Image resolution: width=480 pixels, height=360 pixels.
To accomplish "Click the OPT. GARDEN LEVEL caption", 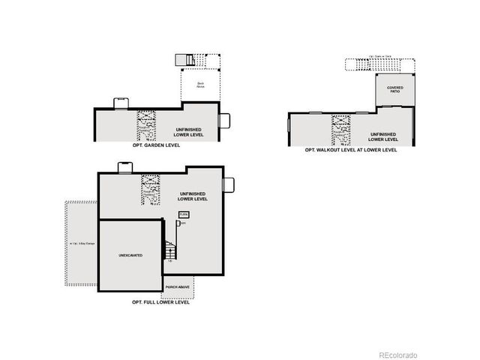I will [155, 145].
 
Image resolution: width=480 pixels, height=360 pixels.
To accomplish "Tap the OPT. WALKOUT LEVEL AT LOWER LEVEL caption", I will [351, 150].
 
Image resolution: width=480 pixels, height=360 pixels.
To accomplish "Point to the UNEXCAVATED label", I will [130, 256].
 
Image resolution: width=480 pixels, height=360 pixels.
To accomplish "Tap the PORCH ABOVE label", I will [177, 286].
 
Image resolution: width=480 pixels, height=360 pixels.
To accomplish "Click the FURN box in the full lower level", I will [183, 214].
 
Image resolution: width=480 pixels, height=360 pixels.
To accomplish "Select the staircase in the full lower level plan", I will [170, 250].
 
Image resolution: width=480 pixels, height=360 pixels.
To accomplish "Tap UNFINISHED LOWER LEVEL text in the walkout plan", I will [382, 136].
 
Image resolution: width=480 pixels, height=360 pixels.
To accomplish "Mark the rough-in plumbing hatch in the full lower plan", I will [151, 189].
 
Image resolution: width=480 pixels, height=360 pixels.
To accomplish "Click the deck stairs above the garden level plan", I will [185, 60].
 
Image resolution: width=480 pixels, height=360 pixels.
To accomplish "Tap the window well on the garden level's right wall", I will [223, 121].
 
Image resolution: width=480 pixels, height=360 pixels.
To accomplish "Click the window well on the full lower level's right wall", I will [229, 184].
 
